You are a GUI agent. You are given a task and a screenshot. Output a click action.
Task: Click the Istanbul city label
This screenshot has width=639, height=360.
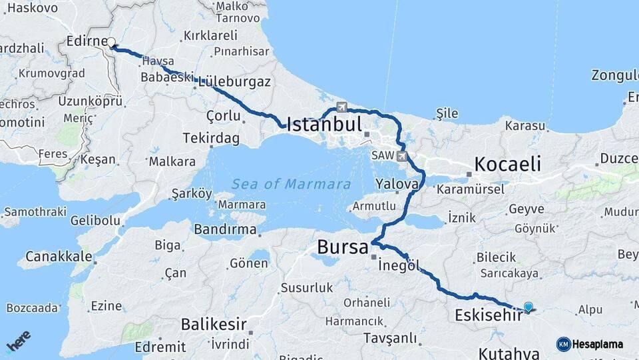click(324, 124)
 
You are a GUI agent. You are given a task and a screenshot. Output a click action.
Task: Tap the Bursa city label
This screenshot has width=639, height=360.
click(342, 247)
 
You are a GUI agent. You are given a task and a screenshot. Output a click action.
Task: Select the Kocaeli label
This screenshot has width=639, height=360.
click(507, 164)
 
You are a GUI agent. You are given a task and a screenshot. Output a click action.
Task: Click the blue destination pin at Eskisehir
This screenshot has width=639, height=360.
click(528, 307)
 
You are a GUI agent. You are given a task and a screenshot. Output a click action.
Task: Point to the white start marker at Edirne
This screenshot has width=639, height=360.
click(111, 41)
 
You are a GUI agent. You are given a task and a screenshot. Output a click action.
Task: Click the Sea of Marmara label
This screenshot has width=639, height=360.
click(292, 184)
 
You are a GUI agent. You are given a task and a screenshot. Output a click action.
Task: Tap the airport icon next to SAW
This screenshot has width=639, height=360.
click(401, 156)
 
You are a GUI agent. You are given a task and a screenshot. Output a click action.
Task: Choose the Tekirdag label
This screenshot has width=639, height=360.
click(210, 138)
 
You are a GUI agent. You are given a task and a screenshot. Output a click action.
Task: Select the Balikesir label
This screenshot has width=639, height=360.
click(214, 325)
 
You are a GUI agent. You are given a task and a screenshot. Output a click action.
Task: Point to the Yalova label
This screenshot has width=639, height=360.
click(397, 184)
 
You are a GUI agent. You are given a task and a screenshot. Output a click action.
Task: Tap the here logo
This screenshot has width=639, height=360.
click(18, 340)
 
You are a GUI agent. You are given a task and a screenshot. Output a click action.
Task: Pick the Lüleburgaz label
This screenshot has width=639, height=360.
click(232, 82)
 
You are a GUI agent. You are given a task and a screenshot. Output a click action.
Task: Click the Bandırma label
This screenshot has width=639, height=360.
click(225, 229)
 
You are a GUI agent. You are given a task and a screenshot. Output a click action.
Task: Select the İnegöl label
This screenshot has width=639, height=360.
click(399, 265)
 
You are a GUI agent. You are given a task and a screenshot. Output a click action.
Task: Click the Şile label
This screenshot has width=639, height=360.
click(447, 113)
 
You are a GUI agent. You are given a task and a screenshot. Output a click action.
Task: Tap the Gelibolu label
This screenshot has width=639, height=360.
click(95, 220)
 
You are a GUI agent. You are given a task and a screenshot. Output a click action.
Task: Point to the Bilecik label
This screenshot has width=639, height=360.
click(496, 257)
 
